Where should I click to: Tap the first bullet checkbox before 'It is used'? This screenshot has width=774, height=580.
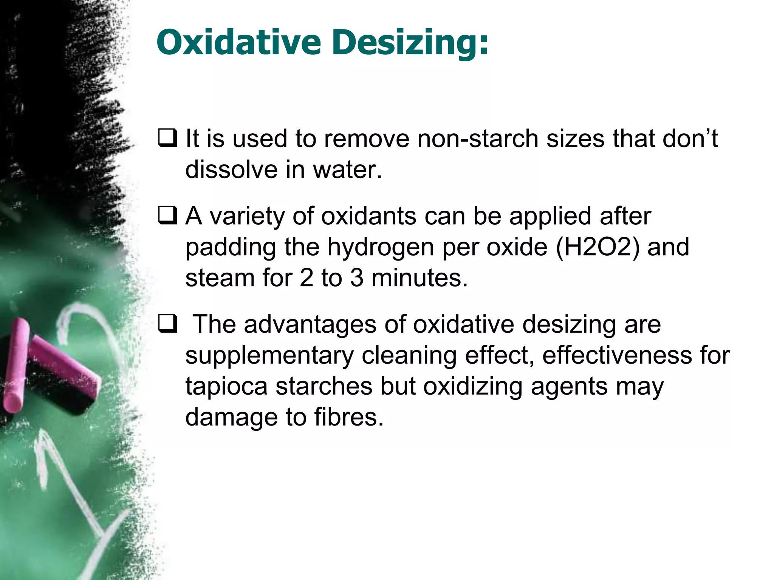click(x=167, y=138)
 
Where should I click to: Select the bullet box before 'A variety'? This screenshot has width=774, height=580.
click(x=167, y=216)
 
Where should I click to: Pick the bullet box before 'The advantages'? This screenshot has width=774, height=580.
click(x=167, y=324)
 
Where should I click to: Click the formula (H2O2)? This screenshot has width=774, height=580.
click(x=598, y=247)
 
